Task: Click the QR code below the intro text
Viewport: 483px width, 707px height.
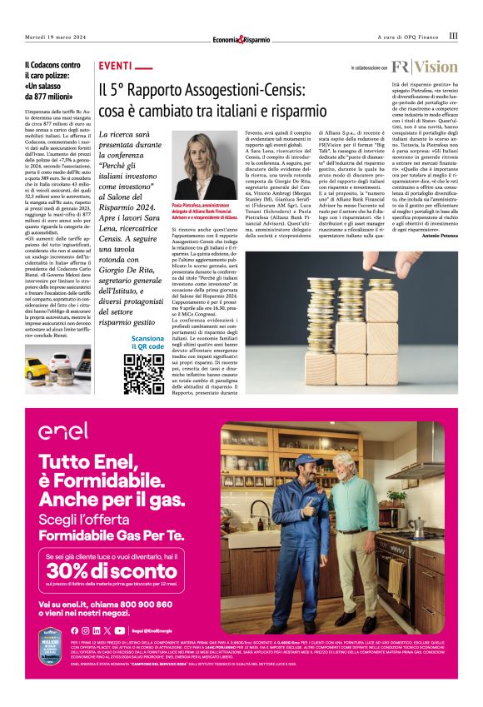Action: coord(144,373)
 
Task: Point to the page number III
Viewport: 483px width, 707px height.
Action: coord(453,36)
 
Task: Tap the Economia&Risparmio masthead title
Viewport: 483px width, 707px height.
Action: coord(241,37)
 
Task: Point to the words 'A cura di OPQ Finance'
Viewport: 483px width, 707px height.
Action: coord(407,37)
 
